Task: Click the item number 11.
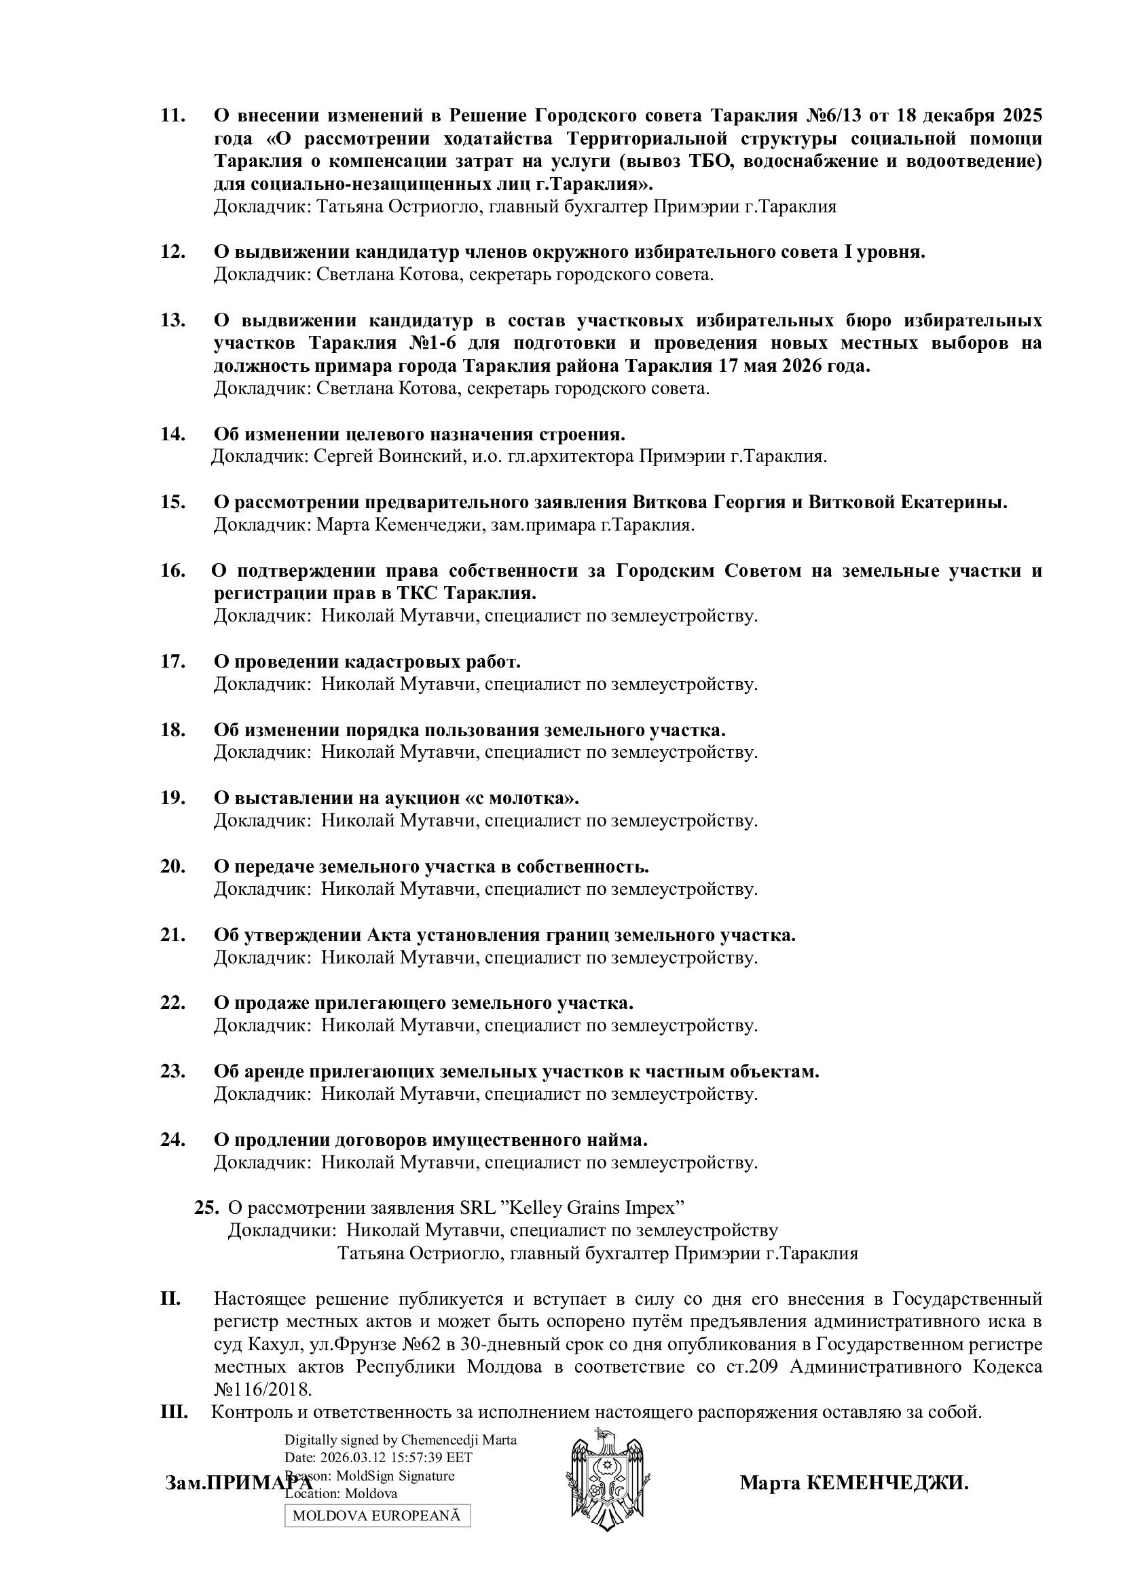point(173,115)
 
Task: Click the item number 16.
point(173,571)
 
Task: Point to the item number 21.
point(173,935)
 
